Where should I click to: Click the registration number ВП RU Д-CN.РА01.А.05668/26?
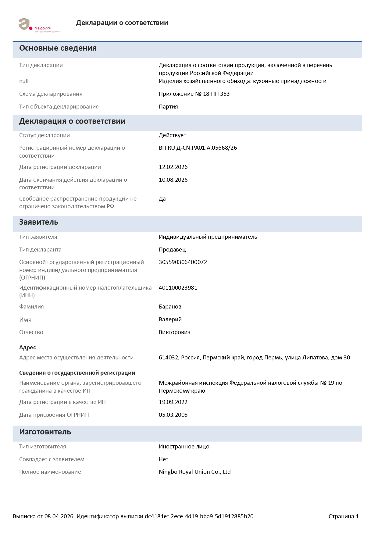[x=198, y=148]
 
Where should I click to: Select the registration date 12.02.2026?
[x=173, y=167]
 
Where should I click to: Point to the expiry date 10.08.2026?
[x=173, y=180]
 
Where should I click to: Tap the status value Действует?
[x=172, y=135]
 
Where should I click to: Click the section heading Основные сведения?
[x=58, y=48]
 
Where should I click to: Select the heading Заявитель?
[x=39, y=222]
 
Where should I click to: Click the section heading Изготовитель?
[x=45, y=432]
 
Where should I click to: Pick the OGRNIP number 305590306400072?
[x=183, y=262]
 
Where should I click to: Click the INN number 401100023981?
[x=178, y=288]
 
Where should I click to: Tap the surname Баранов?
[x=170, y=307]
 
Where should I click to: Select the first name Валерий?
[x=170, y=319]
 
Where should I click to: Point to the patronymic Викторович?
[x=174, y=332]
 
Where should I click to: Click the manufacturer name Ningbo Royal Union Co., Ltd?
[x=194, y=472]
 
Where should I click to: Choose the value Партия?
[x=168, y=107]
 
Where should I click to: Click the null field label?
[x=24, y=81]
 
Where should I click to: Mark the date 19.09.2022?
[x=173, y=402]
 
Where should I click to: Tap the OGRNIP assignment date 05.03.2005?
[x=173, y=415]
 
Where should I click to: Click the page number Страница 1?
[x=344, y=516]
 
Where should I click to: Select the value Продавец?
[x=172, y=250]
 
